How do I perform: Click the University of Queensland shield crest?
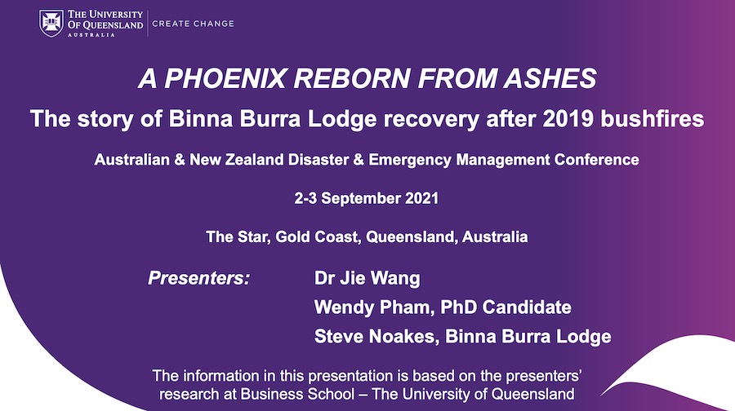[51, 23]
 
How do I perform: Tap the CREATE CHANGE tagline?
[193, 24]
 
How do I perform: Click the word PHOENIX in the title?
[225, 77]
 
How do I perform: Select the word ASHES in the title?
[550, 77]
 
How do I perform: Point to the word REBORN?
[351, 77]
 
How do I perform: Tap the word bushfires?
[652, 118]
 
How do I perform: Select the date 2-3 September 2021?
[367, 198]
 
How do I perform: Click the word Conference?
[596, 160]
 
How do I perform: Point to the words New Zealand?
[237, 160]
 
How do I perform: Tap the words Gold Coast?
[318, 236]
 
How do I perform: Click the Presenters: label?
[198, 278]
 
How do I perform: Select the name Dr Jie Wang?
[367, 279]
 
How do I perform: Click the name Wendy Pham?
[372, 307]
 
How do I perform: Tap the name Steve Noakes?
[376, 337]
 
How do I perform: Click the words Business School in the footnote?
[297, 394]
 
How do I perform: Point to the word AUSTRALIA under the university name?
[91, 34]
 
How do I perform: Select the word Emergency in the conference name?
[411, 160]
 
